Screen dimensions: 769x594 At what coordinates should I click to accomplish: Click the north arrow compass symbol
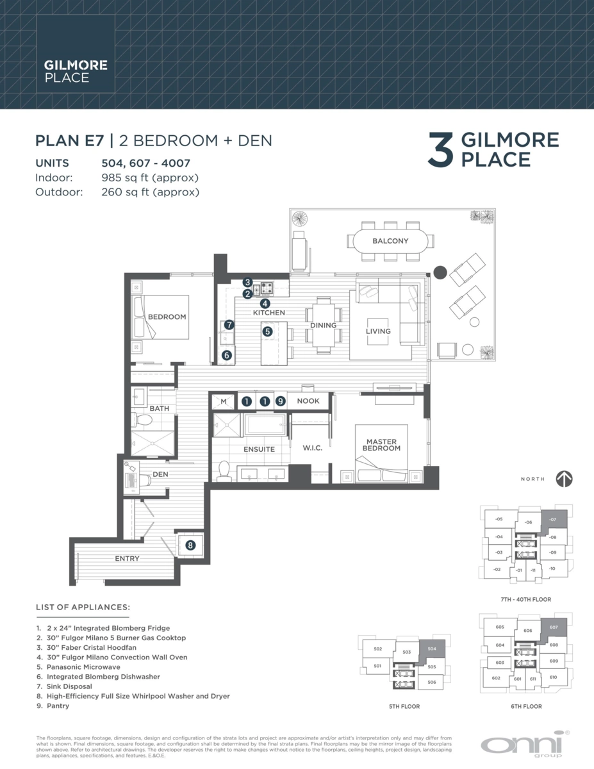(x=564, y=479)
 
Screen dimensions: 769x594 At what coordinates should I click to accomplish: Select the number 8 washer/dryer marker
(x=190, y=545)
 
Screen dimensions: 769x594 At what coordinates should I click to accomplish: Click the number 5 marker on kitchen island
(x=267, y=331)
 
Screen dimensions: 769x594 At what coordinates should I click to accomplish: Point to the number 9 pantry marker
(x=280, y=401)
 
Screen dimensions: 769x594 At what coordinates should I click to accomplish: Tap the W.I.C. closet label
(x=312, y=448)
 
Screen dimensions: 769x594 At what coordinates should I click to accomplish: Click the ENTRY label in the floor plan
(x=127, y=559)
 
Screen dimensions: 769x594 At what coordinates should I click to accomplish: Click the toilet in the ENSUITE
(x=224, y=469)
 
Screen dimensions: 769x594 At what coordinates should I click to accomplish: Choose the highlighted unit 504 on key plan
(x=431, y=649)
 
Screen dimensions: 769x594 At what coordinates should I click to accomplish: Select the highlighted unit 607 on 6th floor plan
(x=553, y=628)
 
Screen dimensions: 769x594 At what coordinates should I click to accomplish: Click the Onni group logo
(x=521, y=745)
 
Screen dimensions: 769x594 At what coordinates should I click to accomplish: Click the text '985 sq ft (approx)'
(x=150, y=178)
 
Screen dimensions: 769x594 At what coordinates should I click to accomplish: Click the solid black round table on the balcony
(x=440, y=272)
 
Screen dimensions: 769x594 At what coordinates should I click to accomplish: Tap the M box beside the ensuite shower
(x=224, y=401)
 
